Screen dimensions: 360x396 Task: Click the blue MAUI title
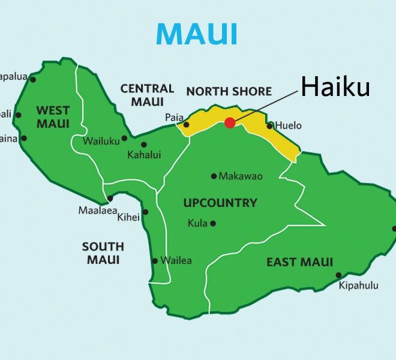pos(197,34)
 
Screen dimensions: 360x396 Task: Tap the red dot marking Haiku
pos(230,122)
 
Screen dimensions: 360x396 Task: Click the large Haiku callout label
pos(335,88)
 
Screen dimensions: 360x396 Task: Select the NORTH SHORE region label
pos(229,92)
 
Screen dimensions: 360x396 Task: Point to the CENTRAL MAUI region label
pos(147,95)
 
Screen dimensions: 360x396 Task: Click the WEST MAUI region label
pos(53,117)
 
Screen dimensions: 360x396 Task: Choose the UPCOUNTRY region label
pos(220,203)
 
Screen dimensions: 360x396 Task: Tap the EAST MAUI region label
pos(299,262)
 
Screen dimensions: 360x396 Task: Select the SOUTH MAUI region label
pos(103,253)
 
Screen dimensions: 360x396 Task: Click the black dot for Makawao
pos(214,176)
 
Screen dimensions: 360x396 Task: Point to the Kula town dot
pos(212,223)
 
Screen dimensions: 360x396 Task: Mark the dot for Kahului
pos(143,144)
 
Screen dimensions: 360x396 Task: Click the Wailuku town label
pos(101,141)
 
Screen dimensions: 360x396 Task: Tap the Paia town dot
pos(186,125)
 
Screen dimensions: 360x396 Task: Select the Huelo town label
pos(289,126)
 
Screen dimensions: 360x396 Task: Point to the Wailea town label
pos(176,260)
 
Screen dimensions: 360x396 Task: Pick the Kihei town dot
pos(145,212)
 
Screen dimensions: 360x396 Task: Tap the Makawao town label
pos(241,176)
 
